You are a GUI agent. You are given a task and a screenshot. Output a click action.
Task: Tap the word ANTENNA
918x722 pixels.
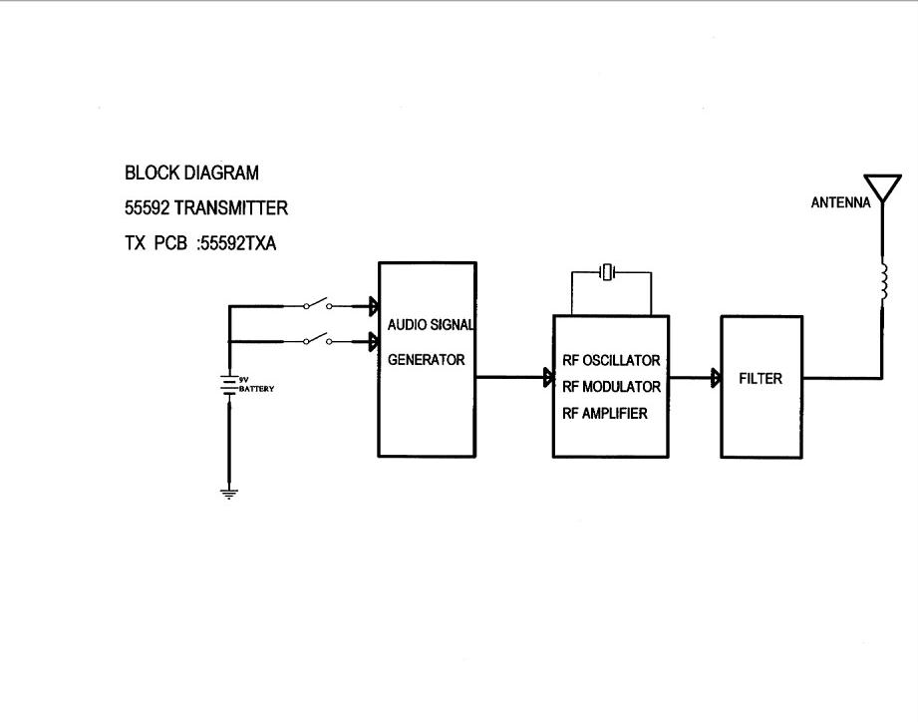click(x=840, y=202)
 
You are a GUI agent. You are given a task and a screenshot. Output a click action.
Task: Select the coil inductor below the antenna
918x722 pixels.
click(x=882, y=282)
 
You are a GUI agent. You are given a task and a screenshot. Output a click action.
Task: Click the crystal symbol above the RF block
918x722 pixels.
click(x=609, y=271)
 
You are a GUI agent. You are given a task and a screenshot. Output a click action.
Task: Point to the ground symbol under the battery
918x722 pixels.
click(x=228, y=493)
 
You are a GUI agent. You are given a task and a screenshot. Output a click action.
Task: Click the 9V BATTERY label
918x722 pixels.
click(x=255, y=386)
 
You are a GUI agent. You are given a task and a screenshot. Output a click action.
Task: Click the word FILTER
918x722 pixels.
click(x=761, y=379)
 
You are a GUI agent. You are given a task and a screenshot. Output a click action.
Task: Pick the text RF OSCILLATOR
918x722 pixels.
click(x=611, y=361)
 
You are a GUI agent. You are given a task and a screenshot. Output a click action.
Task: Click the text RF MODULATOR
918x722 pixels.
click(x=611, y=387)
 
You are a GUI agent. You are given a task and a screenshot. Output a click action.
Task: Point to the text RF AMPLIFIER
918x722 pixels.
click(x=605, y=413)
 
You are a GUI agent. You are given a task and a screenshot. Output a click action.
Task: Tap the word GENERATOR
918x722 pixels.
click(x=426, y=360)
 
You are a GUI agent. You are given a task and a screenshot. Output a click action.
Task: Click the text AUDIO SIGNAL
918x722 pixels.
click(x=430, y=325)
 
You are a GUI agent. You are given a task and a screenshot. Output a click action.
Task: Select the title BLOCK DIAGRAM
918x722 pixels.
click(x=191, y=173)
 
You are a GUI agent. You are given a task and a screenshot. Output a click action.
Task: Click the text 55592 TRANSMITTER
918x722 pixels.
click(x=206, y=208)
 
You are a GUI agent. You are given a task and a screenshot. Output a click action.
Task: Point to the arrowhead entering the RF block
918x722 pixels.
click(x=548, y=378)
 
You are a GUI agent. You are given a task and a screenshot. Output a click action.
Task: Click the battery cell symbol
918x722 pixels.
click(x=228, y=384)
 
